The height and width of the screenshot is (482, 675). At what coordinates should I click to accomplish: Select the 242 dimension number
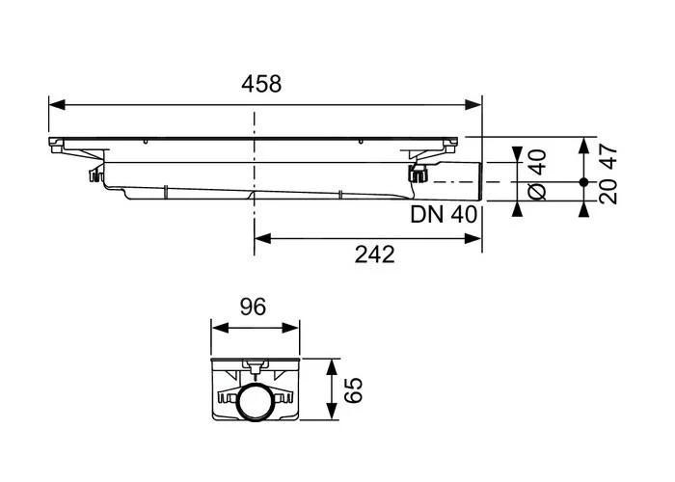click(374, 254)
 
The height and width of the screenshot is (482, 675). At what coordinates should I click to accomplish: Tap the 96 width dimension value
click(253, 308)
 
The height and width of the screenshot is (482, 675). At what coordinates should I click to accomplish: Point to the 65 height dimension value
click(354, 390)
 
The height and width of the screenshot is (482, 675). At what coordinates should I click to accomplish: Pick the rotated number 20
click(608, 192)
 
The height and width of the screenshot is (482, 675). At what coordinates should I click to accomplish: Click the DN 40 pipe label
click(445, 215)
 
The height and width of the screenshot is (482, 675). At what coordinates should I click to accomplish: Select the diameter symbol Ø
click(538, 191)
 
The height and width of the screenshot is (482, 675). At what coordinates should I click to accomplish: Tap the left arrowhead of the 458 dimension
click(57, 103)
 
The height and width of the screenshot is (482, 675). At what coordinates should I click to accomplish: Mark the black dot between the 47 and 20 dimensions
click(583, 181)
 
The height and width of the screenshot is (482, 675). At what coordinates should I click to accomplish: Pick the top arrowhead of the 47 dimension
click(583, 145)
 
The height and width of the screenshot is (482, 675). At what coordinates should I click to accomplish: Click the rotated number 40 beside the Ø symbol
click(538, 160)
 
